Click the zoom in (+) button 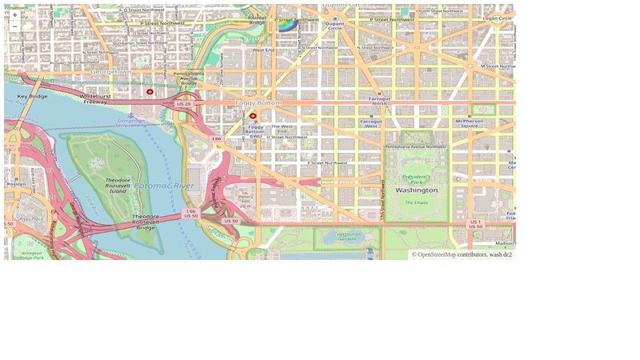point(14,14)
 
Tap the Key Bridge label point(32,96)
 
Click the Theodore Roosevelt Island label point(118,186)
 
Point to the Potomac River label point(164,186)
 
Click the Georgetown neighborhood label point(110,72)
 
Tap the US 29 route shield point(184,104)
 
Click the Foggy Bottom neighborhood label point(258,103)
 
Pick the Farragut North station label point(379,101)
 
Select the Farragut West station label point(370,123)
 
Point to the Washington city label point(416,190)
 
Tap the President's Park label point(416,179)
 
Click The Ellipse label point(416,202)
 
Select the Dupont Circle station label point(335,26)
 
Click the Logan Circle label point(497,18)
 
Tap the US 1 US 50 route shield point(475,224)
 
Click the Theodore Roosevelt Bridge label point(146,222)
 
